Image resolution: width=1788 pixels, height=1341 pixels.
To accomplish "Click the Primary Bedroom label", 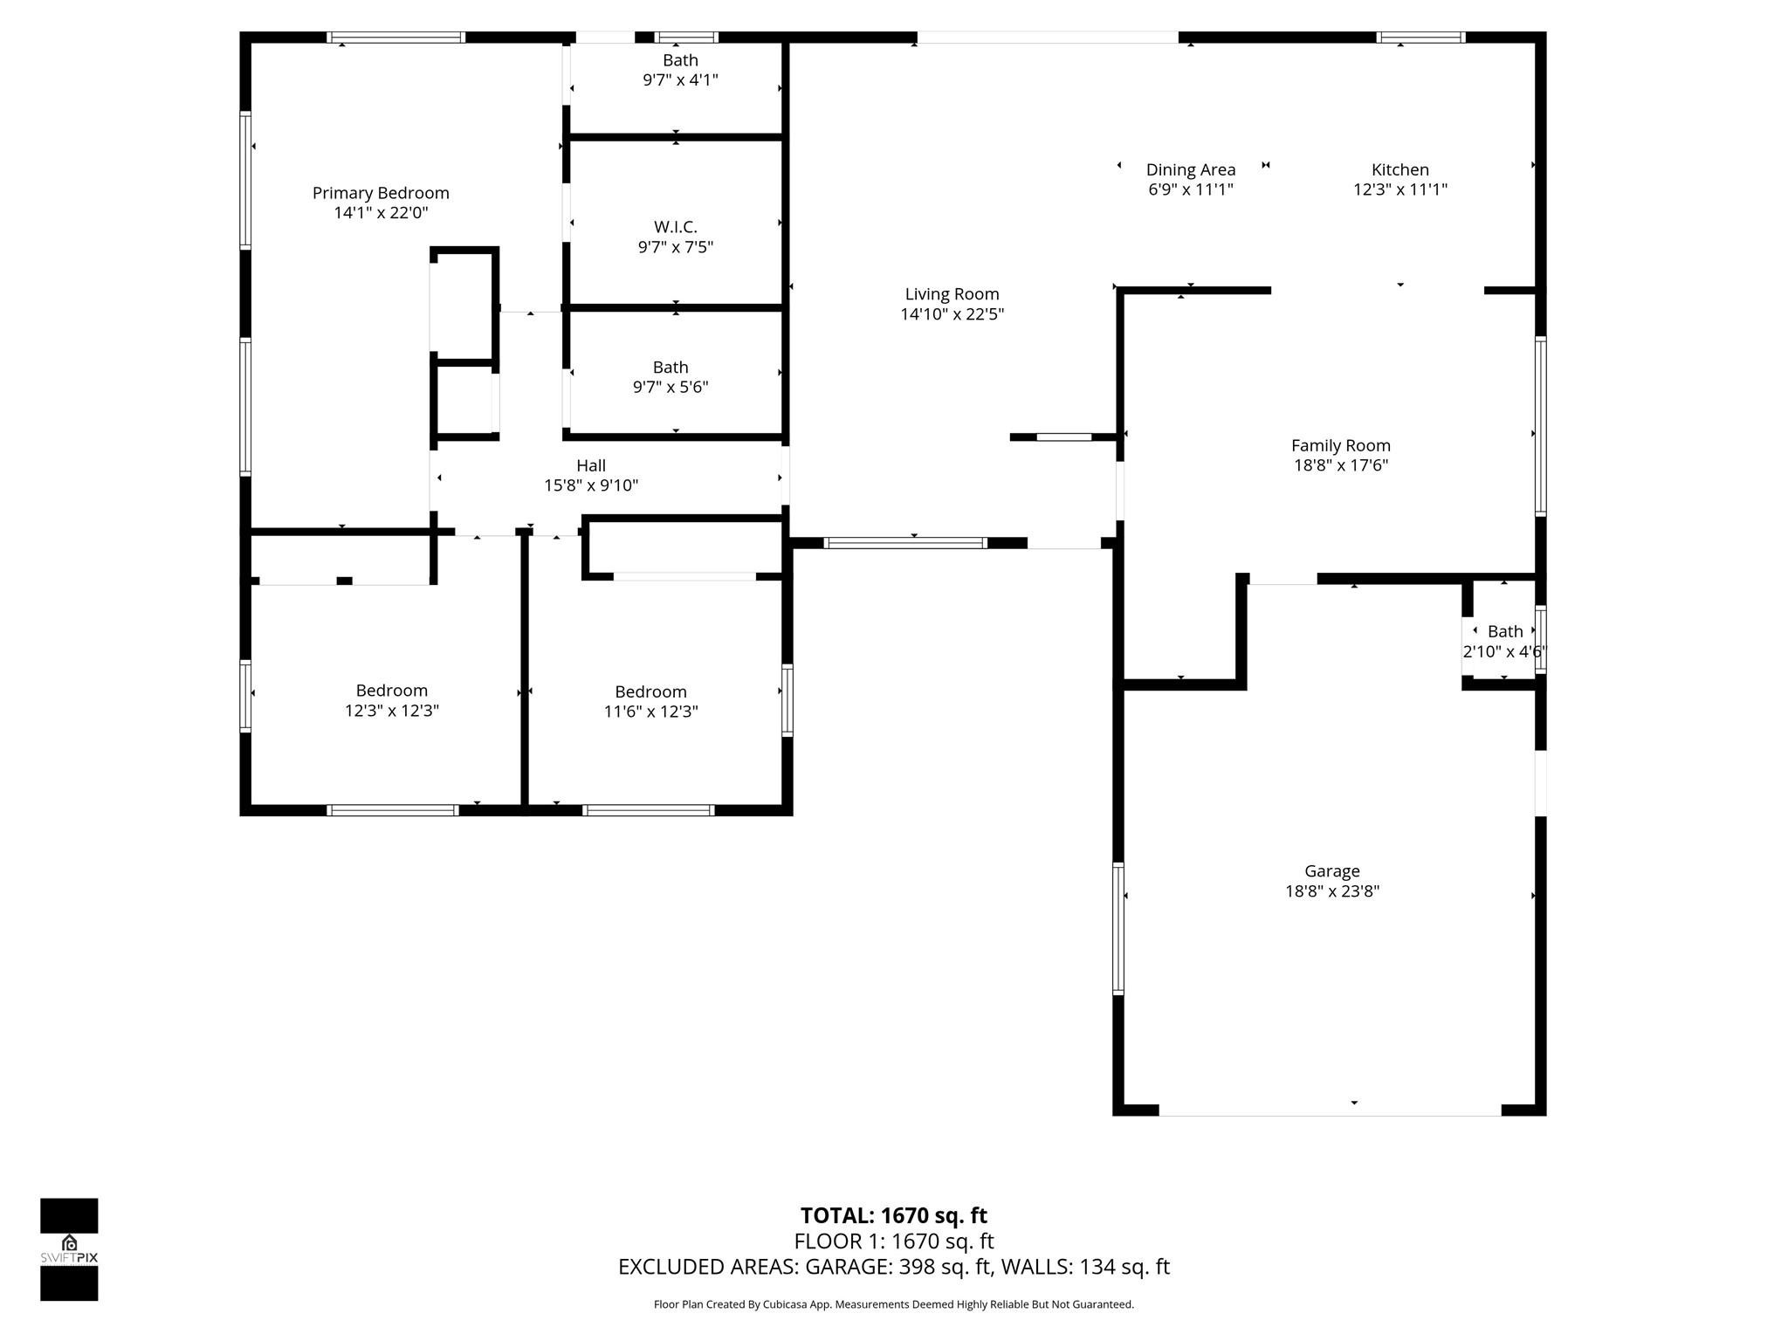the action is tap(381, 193).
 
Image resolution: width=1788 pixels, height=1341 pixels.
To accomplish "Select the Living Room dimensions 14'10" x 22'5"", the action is tap(952, 314).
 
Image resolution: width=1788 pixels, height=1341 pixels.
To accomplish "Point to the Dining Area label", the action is tap(1191, 169).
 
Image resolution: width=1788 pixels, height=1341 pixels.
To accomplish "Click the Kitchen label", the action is tap(1400, 169).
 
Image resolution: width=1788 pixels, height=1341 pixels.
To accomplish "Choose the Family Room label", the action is tap(1341, 445).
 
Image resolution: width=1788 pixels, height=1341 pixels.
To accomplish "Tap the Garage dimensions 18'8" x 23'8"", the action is tap(1332, 891).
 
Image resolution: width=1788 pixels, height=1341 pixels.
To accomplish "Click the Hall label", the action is tap(591, 465).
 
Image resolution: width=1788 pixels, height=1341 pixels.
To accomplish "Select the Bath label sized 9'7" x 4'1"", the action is tap(680, 60).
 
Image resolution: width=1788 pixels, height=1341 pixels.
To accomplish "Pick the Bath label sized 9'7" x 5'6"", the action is tap(670, 368).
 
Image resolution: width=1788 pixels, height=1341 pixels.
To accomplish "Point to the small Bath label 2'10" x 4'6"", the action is tap(1505, 631).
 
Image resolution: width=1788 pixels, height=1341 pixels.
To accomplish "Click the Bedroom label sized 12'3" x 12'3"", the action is tap(392, 691).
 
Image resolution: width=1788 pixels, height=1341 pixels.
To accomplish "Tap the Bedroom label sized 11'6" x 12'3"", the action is tap(650, 691).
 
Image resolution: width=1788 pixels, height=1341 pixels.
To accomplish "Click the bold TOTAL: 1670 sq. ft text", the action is tap(894, 1215).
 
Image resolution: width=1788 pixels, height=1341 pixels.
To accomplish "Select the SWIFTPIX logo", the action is tap(69, 1249).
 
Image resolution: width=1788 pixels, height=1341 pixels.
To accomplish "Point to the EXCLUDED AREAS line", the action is tap(894, 1267).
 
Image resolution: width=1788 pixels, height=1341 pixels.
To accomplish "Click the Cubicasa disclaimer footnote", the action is tap(894, 1304).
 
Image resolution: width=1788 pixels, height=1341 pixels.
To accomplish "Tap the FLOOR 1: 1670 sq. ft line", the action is tap(894, 1241).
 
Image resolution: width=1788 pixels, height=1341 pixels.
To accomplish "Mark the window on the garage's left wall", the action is tap(1117, 928).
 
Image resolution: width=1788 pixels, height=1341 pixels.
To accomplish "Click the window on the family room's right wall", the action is tap(1541, 426).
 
